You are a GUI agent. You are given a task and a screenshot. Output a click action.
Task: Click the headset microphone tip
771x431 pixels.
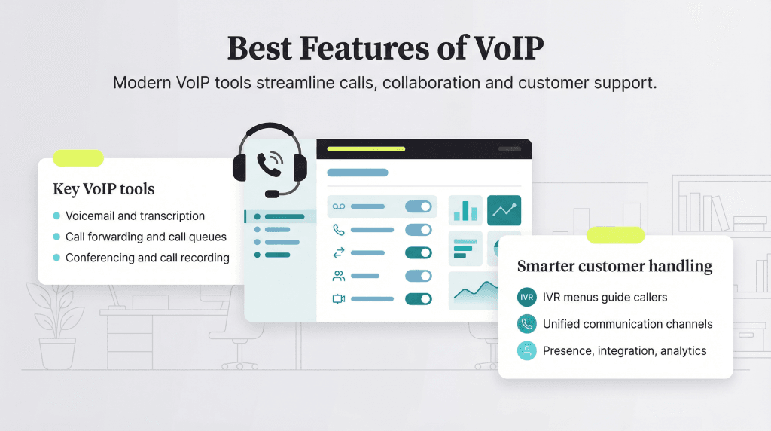(x=272, y=194)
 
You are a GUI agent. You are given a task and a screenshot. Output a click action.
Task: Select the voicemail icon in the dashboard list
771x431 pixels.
(x=339, y=206)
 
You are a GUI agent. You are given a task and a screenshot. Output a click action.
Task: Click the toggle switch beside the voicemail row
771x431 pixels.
(x=419, y=206)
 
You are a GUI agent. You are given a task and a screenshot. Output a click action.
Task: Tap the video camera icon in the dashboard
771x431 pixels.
(x=339, y=299)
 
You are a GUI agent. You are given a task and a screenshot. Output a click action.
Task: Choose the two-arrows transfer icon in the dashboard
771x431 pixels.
(x=339, y=253)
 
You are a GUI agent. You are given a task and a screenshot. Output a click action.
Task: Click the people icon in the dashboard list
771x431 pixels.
(x=339, y=277)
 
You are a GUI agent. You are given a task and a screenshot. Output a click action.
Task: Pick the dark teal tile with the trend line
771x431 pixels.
(x=504, y=211)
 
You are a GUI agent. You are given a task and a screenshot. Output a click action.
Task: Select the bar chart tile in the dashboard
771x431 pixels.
(x=465, y=211)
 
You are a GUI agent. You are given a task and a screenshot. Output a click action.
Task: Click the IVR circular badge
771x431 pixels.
(x=527, y=298)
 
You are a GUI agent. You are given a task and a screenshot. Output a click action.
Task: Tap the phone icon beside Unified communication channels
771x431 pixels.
(x=527, y=324)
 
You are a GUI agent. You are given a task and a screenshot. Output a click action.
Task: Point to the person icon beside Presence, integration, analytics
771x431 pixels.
(x=527, y=350)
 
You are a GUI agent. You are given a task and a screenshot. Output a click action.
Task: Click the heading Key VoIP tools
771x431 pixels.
(x=104, y=189)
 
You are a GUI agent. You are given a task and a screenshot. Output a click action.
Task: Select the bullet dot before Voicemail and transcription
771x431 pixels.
(x=56, y=216)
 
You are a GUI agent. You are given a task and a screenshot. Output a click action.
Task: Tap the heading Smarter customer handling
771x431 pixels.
(x=614, y=266)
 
